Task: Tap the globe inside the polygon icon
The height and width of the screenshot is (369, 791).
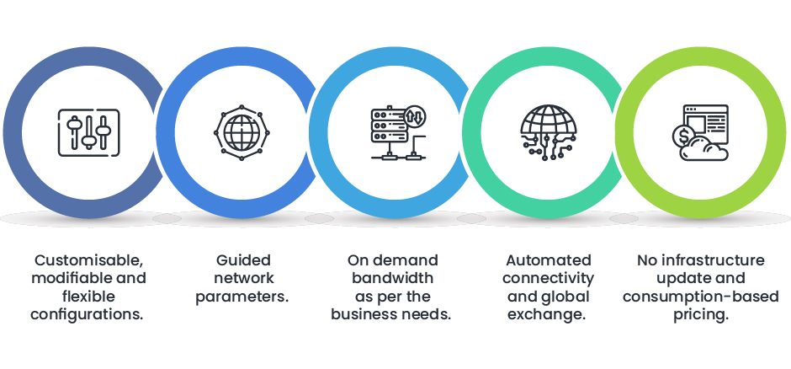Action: click(x=240, y=132)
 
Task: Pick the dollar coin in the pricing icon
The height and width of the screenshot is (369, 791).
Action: click(x=682, y=136)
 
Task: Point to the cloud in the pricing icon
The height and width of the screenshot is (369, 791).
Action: click(x=708, y=149)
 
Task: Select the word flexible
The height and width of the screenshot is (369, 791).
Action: click(x=88, y=296)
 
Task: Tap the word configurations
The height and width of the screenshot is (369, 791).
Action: click(x=88, y=314)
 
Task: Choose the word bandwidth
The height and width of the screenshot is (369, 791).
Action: click(x=392, y=278)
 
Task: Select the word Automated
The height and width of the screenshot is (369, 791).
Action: click(x=548, y=259)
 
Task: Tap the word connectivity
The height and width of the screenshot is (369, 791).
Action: click(x=548, y=278)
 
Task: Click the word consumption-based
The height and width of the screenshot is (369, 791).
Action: click(x=701, y=297)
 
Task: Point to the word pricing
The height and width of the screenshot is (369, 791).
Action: click(x=701, y=314)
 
